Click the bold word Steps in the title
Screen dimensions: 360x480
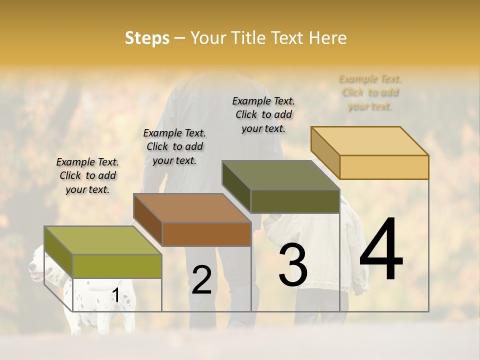click(x=147, y=38)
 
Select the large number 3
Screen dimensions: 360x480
click(x=293, y=265)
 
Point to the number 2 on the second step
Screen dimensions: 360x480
click(x=201, y=280)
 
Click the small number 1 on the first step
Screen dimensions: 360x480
click(x=115, y=296)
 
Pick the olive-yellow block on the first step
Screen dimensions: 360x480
click(x=103, y=252)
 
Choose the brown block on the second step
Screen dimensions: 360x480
click(x=192, y=220)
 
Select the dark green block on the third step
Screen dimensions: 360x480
click(x=281, y=187)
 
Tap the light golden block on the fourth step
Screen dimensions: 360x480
click(x=370, y=153)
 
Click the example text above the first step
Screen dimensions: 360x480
click(x=87, y=175)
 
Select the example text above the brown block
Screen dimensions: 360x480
click(x=174, y=146)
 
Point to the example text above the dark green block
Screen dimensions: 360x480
click(x=263, y=114)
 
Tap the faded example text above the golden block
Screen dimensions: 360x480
click(x=370, y=92)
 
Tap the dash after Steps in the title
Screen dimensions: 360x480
click(x=180, y=38)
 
